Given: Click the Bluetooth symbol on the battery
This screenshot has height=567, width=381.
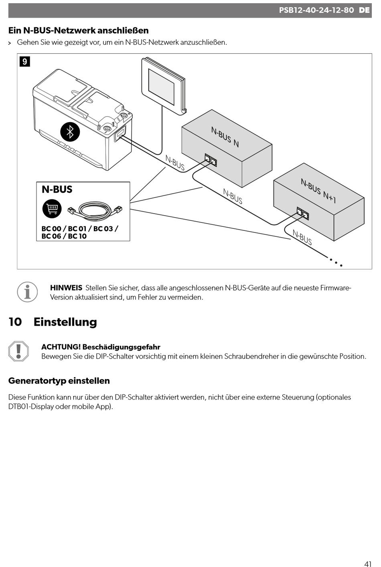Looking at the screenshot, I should click(70, 132).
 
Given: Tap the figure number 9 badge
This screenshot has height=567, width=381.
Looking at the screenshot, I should click(25, 61).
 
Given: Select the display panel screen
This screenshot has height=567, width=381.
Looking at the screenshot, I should click(161, 87).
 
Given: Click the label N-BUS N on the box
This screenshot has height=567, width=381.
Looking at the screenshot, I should click(225, 137).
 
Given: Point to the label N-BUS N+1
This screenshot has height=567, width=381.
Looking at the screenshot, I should click(318, 191).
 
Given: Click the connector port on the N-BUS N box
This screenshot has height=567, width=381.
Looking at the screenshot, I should click(211, 159).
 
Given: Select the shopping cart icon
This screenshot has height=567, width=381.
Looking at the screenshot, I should click(52, 208).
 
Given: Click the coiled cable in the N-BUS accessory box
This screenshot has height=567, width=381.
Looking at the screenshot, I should click(95, 209).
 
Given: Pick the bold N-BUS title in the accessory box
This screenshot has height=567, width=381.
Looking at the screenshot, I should click(57, 190).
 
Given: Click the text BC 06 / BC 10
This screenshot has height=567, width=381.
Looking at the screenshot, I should click(64, 236).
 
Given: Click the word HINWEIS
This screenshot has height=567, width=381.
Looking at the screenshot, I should click(66, 288).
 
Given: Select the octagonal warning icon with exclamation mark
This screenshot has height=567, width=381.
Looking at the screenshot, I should click(18, 351).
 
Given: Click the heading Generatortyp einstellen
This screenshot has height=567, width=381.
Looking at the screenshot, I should click(59, 381).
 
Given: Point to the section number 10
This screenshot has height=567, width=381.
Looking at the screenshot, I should click(15, 322).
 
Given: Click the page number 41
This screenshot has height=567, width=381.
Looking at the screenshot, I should click(368, 564).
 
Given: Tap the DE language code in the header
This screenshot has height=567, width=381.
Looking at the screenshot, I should click(364, 10).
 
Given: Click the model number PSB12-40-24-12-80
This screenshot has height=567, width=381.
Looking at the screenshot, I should click(316, 10).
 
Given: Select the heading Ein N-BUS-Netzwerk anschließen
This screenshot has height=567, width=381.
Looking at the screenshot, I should click(79, 30).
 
